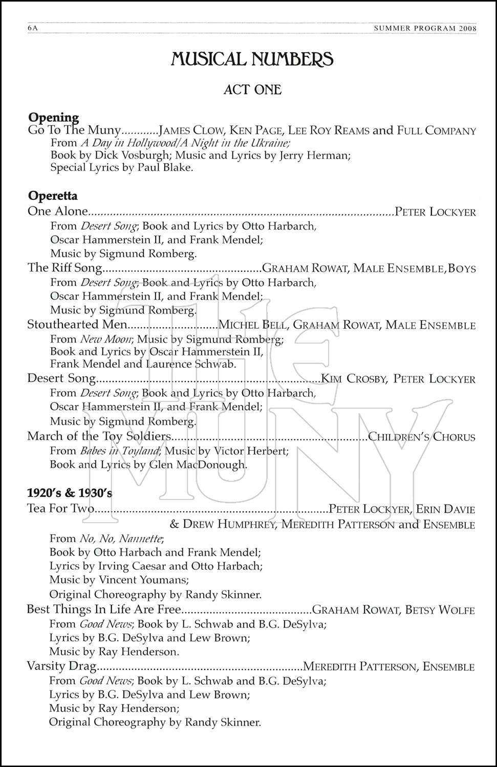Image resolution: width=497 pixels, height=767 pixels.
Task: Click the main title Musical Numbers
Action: pyautogui.click(x=252, y=59)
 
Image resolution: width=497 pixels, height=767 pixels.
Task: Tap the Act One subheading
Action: pyautogui.click(x=252, y=89)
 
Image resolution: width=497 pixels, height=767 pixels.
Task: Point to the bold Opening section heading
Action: pyautogui.click(x=53, y=118)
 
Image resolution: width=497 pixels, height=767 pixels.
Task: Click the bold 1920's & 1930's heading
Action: pyautogui.click(x=70, y=493)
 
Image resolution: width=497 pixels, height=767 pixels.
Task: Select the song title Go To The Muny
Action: pyautogui.click(x=75, y=130)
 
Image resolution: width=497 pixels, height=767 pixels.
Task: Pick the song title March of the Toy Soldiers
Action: pyautogui.click(x=99, y=436)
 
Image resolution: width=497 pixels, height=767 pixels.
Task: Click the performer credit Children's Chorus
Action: pyautogui.click(x=422, y=437)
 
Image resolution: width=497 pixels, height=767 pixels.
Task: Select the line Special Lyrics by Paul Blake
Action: pyautogui.click(x=122, y=168)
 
